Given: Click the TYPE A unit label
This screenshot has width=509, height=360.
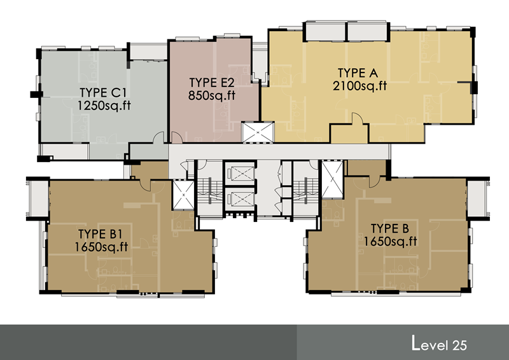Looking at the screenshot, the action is point(358,73).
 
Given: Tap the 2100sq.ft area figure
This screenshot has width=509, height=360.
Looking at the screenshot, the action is point(359,86).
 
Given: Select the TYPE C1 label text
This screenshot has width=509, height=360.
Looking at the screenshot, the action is point(103,93).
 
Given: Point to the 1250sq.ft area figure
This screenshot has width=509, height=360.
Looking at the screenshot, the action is point(104,106).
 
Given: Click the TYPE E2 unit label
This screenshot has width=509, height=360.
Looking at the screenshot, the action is point(212,83).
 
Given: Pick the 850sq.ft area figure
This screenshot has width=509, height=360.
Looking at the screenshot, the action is point(212,95).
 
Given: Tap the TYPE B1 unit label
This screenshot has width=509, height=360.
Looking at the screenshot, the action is point(100,234).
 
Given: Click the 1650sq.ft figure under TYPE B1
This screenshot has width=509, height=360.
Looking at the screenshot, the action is point(101,247).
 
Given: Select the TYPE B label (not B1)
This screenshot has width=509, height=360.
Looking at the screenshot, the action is point(390,228).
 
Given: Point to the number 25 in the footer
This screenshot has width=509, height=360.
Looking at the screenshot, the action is point(459,345).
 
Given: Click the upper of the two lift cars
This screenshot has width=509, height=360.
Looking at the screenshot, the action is point(240,174).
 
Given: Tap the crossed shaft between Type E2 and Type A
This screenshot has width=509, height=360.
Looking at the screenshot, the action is point(258,132).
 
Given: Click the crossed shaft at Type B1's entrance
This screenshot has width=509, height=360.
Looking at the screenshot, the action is point(183,195).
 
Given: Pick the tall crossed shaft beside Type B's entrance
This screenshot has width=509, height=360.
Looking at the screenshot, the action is point(332,179).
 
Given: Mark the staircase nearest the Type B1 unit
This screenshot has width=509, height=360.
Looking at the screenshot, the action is point(210,190).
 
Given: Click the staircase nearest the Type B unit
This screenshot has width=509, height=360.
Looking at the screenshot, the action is point(305,190).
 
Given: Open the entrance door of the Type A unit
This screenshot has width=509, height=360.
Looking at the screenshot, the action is point(358,118).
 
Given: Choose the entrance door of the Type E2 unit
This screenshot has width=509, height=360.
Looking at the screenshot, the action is point(177,137).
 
